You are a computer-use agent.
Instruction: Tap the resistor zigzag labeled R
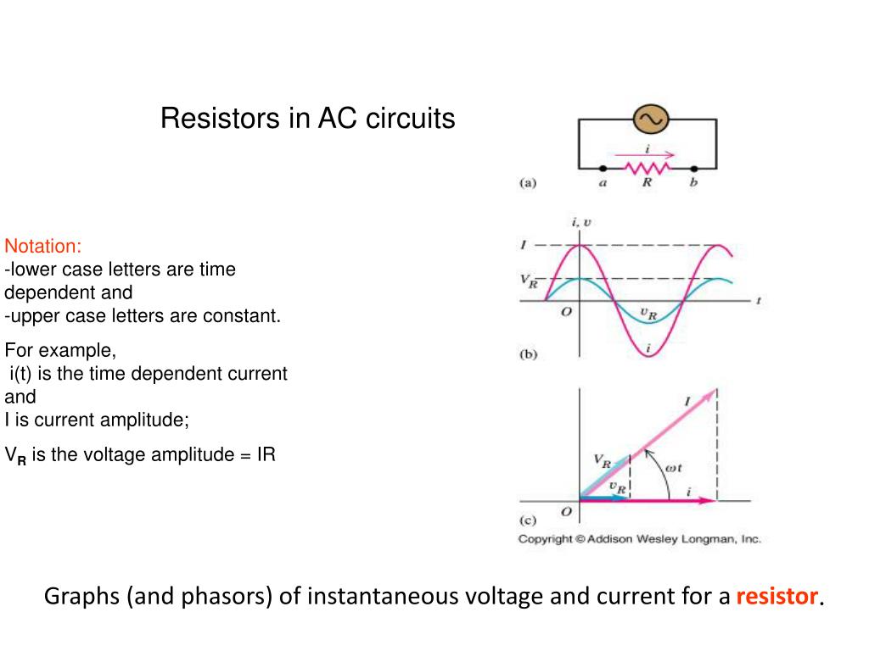648,168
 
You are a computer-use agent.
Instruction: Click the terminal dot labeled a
603,168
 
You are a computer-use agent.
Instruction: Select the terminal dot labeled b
693,168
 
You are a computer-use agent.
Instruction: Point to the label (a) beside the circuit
528,181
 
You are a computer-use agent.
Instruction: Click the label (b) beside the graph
528,355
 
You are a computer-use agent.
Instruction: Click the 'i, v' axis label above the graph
581,222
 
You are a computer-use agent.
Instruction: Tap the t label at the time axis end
757,300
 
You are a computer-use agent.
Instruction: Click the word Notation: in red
43,247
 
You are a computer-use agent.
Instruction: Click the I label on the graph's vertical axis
524,245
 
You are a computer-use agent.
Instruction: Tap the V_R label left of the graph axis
529,281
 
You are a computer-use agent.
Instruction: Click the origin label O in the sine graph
567,312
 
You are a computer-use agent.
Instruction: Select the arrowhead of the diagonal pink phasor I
713,392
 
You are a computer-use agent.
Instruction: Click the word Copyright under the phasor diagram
546,539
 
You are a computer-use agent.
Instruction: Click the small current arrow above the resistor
648,155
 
